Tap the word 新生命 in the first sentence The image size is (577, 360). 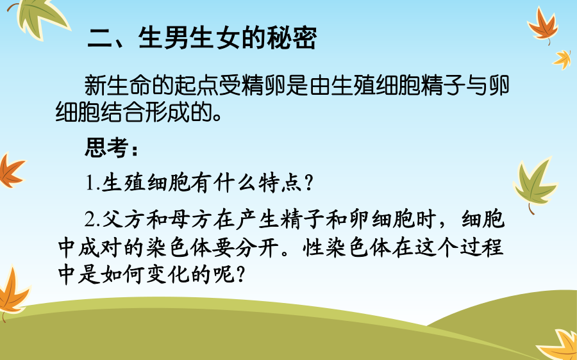coord(118,85)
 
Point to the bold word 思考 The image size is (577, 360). coord(106,148)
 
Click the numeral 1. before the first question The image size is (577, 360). coord(93,183)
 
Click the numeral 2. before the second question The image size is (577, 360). coord(93,220)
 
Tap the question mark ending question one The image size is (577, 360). coord(309,183)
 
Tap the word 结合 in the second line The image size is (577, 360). coord(122,111)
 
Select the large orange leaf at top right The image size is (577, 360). coord(543,25)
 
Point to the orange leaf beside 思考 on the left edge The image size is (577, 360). coord(10,170)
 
